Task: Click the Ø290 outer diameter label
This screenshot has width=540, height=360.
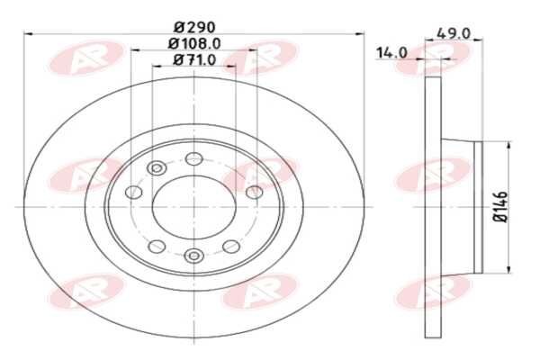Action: click(193, 26)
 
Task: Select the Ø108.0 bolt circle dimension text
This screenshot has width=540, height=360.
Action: click(193, 43)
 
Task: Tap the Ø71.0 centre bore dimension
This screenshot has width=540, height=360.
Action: click(193, 59)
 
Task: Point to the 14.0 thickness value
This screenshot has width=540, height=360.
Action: click(391, 53)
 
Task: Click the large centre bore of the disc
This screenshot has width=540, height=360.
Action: click(193, 206)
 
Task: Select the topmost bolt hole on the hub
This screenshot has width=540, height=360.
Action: click(193, 159)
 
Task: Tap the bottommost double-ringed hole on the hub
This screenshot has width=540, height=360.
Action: click(193, 256)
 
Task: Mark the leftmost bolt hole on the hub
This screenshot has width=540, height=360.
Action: click(134, 192)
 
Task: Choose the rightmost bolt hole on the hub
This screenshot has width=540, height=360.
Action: click(253, 191)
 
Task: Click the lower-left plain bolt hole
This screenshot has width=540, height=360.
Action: click(156, 246)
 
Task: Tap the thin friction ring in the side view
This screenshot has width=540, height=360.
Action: click(432, 206)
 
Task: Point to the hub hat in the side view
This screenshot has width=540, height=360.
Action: click(463, 206)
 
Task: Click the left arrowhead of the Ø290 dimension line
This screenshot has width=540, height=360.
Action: click(26, 34)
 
